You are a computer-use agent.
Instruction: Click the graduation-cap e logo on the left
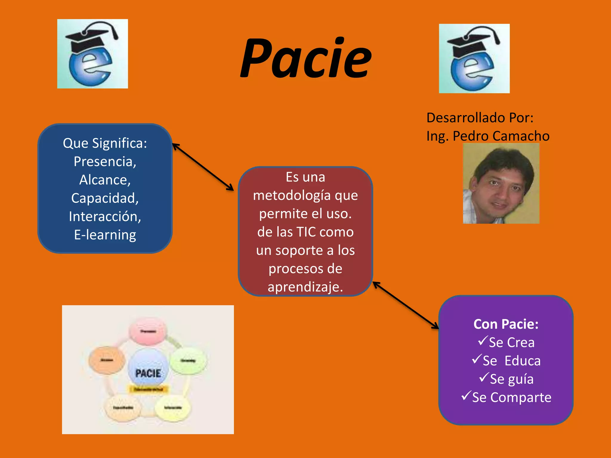(92, 54)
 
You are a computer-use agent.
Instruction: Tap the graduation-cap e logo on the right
(474, 58)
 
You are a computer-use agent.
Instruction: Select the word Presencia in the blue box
(105, 162)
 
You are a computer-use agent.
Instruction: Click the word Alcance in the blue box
(105, 180)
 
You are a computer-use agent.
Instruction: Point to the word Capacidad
(105, 198)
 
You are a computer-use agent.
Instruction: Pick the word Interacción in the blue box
(105, 216)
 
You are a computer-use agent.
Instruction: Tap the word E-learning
(105, 235)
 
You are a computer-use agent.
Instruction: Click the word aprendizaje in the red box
(305, 287)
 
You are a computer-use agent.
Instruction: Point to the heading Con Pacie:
(506, 324)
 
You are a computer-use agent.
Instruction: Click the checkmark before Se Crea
(483, 341)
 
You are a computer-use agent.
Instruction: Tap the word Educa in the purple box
(522, 361)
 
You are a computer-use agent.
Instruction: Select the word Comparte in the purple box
(521, 397)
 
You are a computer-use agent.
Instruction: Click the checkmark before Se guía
(484, 377)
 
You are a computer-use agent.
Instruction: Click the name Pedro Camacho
(501, 136)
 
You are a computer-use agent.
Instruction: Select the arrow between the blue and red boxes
(203, 167)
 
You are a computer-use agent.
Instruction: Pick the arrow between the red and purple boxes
(406, 305)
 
